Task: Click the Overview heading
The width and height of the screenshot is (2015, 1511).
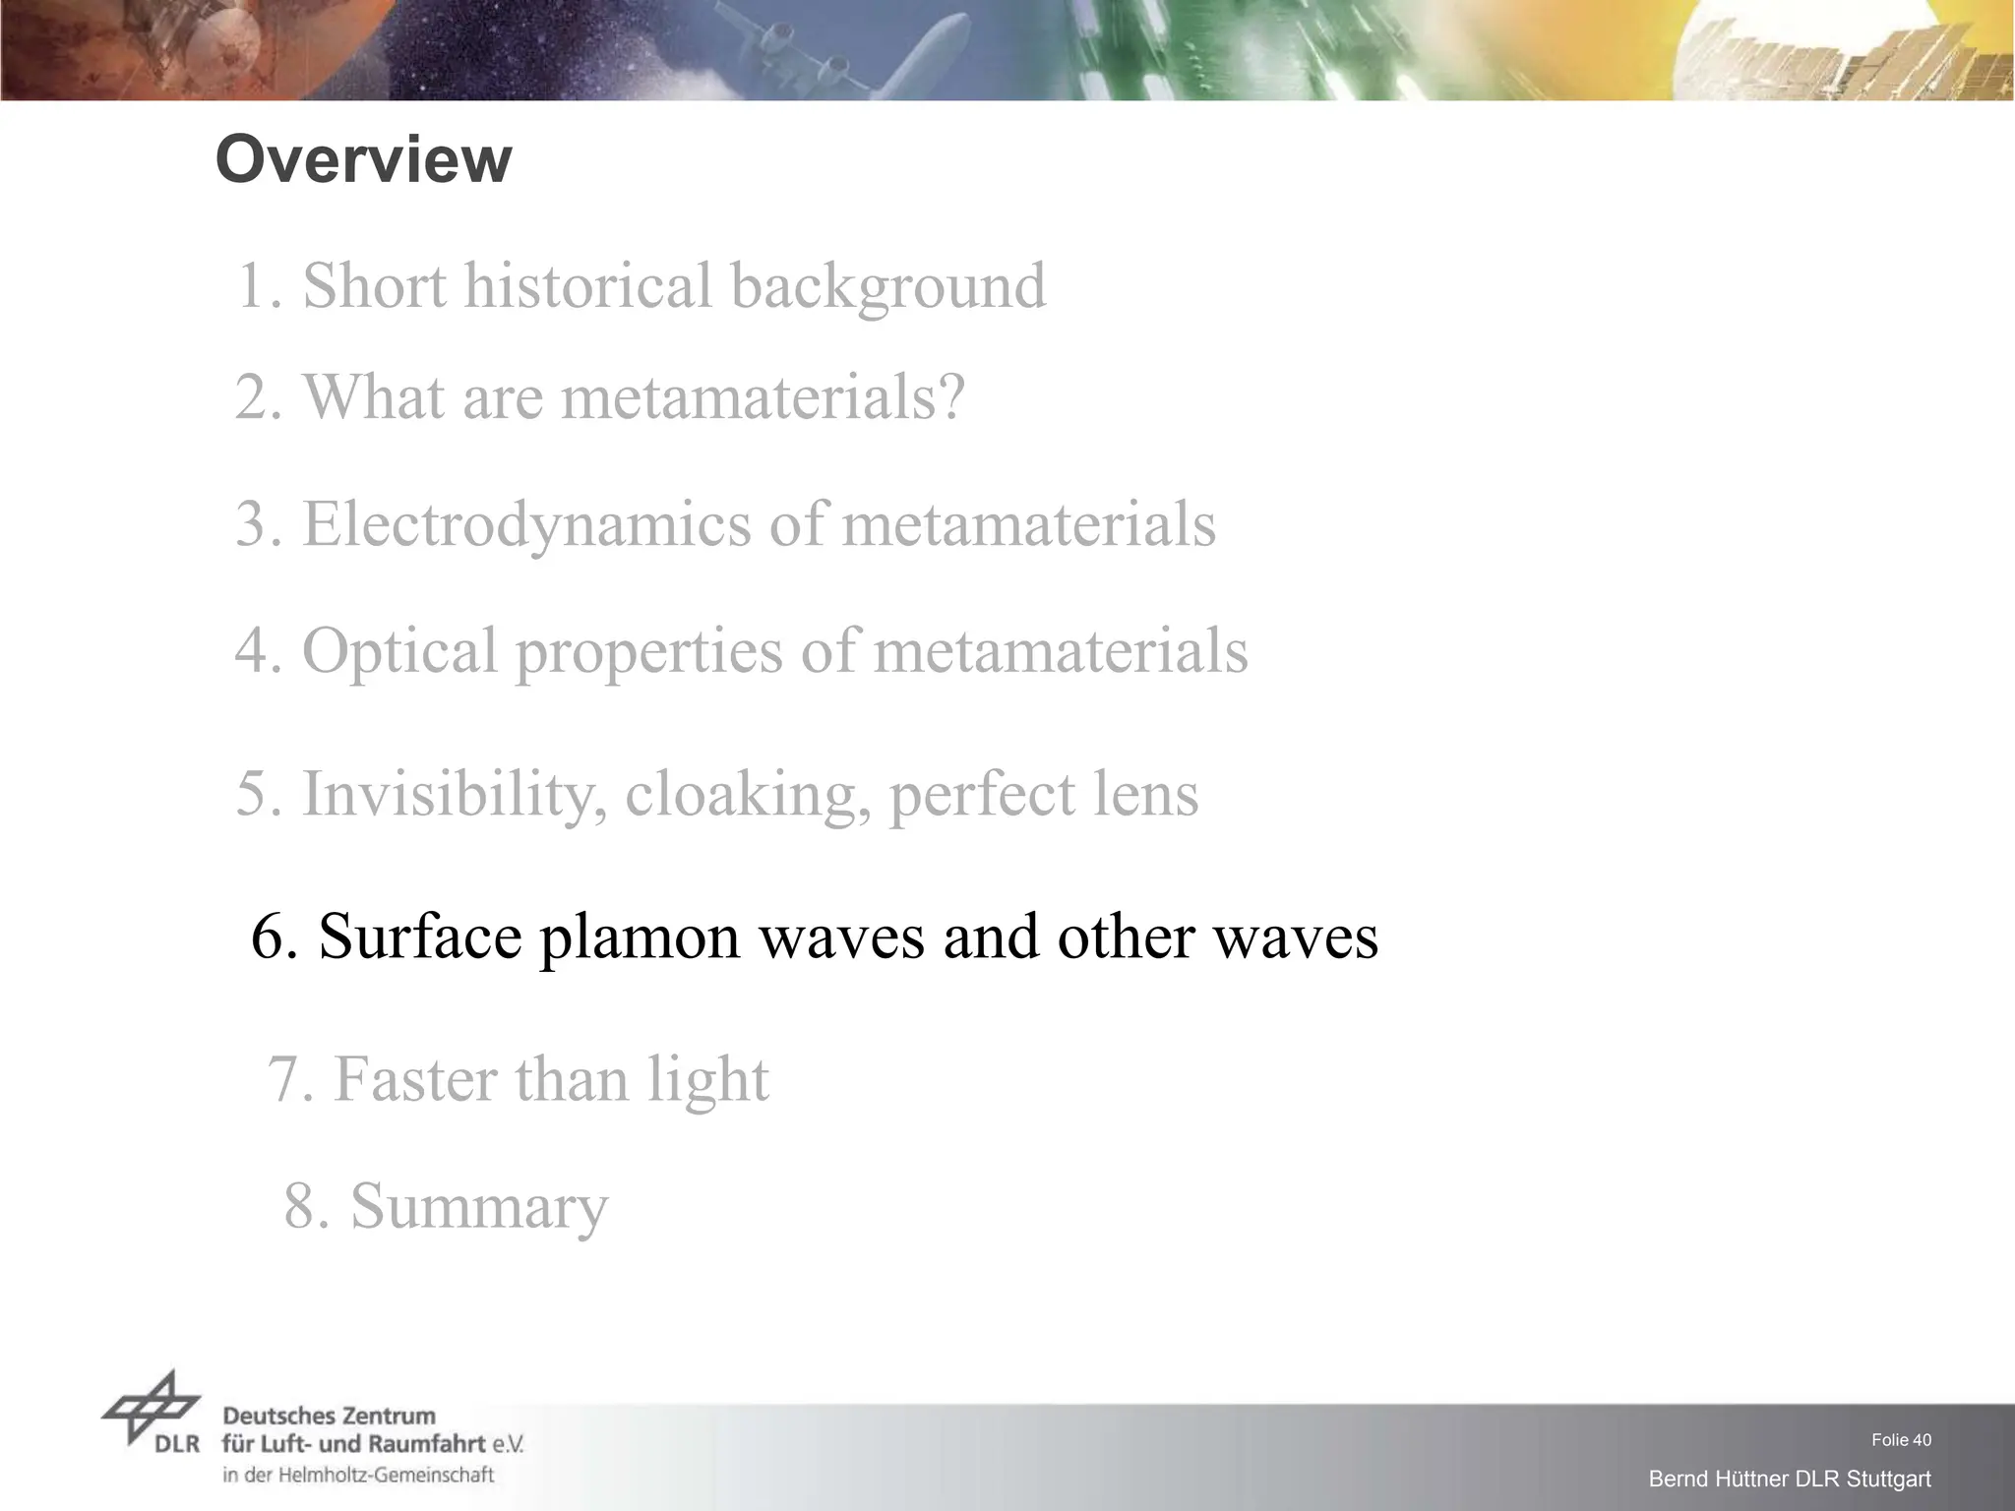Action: click(x=363, y=160)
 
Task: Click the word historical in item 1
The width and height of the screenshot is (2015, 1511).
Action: click(x=587, y=286)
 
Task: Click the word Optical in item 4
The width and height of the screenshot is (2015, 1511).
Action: click(x=399, y=651)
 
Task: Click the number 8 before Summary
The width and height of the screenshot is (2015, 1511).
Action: click(x=301, y=1206)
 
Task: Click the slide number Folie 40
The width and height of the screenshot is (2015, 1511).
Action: click(x=1901, y=1440)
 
